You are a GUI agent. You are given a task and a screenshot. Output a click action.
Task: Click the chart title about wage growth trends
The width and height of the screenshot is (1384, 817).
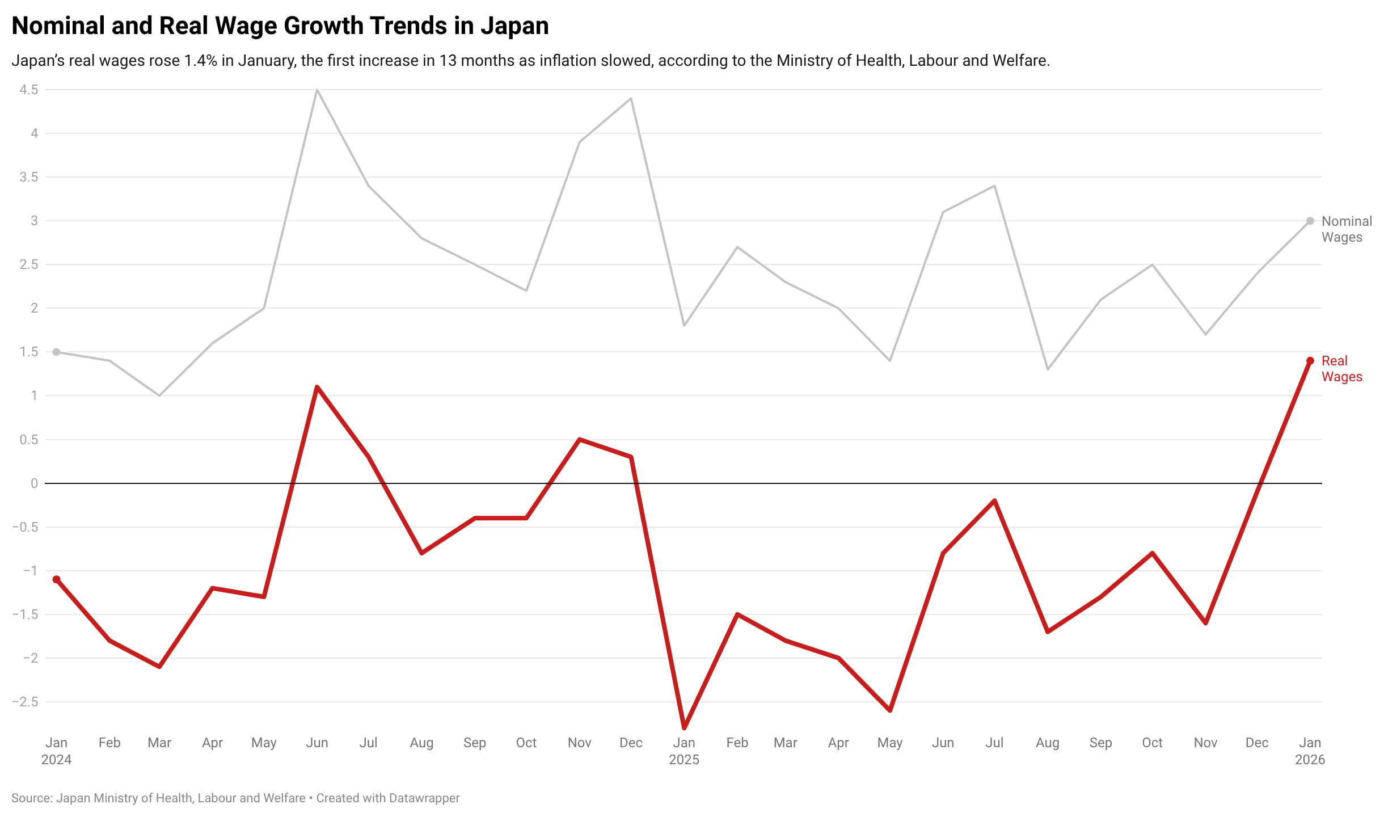click(x=280, y=26)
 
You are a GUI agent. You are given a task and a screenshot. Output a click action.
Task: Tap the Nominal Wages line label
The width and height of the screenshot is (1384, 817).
click(x=1347, y=229)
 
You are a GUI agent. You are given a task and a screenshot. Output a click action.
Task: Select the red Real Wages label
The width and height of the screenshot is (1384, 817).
click(x=1341, y=369)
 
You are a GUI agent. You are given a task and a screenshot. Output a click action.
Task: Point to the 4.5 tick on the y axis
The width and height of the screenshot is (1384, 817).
click(x=29, y=90)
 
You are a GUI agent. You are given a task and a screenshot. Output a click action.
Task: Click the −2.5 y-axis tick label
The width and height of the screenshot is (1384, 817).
click(x=26, y=702)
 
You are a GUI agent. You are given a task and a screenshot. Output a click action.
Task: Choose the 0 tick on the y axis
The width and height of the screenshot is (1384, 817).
click(x=35, y=483)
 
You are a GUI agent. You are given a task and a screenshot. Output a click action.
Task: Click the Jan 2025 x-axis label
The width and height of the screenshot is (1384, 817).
click(x=684, y=751)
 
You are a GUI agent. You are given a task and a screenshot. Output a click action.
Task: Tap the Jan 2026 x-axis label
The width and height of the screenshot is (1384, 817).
click(x=1310, y=751)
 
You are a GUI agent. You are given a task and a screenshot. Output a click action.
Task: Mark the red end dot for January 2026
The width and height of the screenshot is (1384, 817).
click(x=1310, y=361)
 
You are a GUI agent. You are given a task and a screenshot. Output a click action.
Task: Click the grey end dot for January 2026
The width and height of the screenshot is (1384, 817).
click(x=1310, y=221)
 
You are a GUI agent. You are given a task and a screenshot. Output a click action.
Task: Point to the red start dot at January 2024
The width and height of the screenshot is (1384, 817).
click(x=57, y=579)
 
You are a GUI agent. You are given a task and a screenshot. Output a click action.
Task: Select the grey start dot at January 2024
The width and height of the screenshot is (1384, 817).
click(x=57, y=352)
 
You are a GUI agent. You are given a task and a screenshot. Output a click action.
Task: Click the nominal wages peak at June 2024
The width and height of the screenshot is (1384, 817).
click(x=317, y=90)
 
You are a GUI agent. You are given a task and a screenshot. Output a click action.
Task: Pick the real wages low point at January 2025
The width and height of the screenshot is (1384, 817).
click(x=684, y=728)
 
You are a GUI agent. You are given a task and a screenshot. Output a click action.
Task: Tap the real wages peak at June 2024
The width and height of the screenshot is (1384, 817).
click(x=317, y=387)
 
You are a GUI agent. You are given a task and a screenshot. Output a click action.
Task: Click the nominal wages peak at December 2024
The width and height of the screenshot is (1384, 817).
click(x=631, y=99)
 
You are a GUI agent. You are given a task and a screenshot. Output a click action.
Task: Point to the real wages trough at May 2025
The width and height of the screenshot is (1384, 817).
click(x=890, y=710)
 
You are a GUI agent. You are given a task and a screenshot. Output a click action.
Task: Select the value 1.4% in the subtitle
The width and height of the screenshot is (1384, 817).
click(x=201, y=61)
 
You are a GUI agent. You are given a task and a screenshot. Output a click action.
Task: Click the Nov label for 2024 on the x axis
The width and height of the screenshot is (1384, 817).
click(x=579, y=743)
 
